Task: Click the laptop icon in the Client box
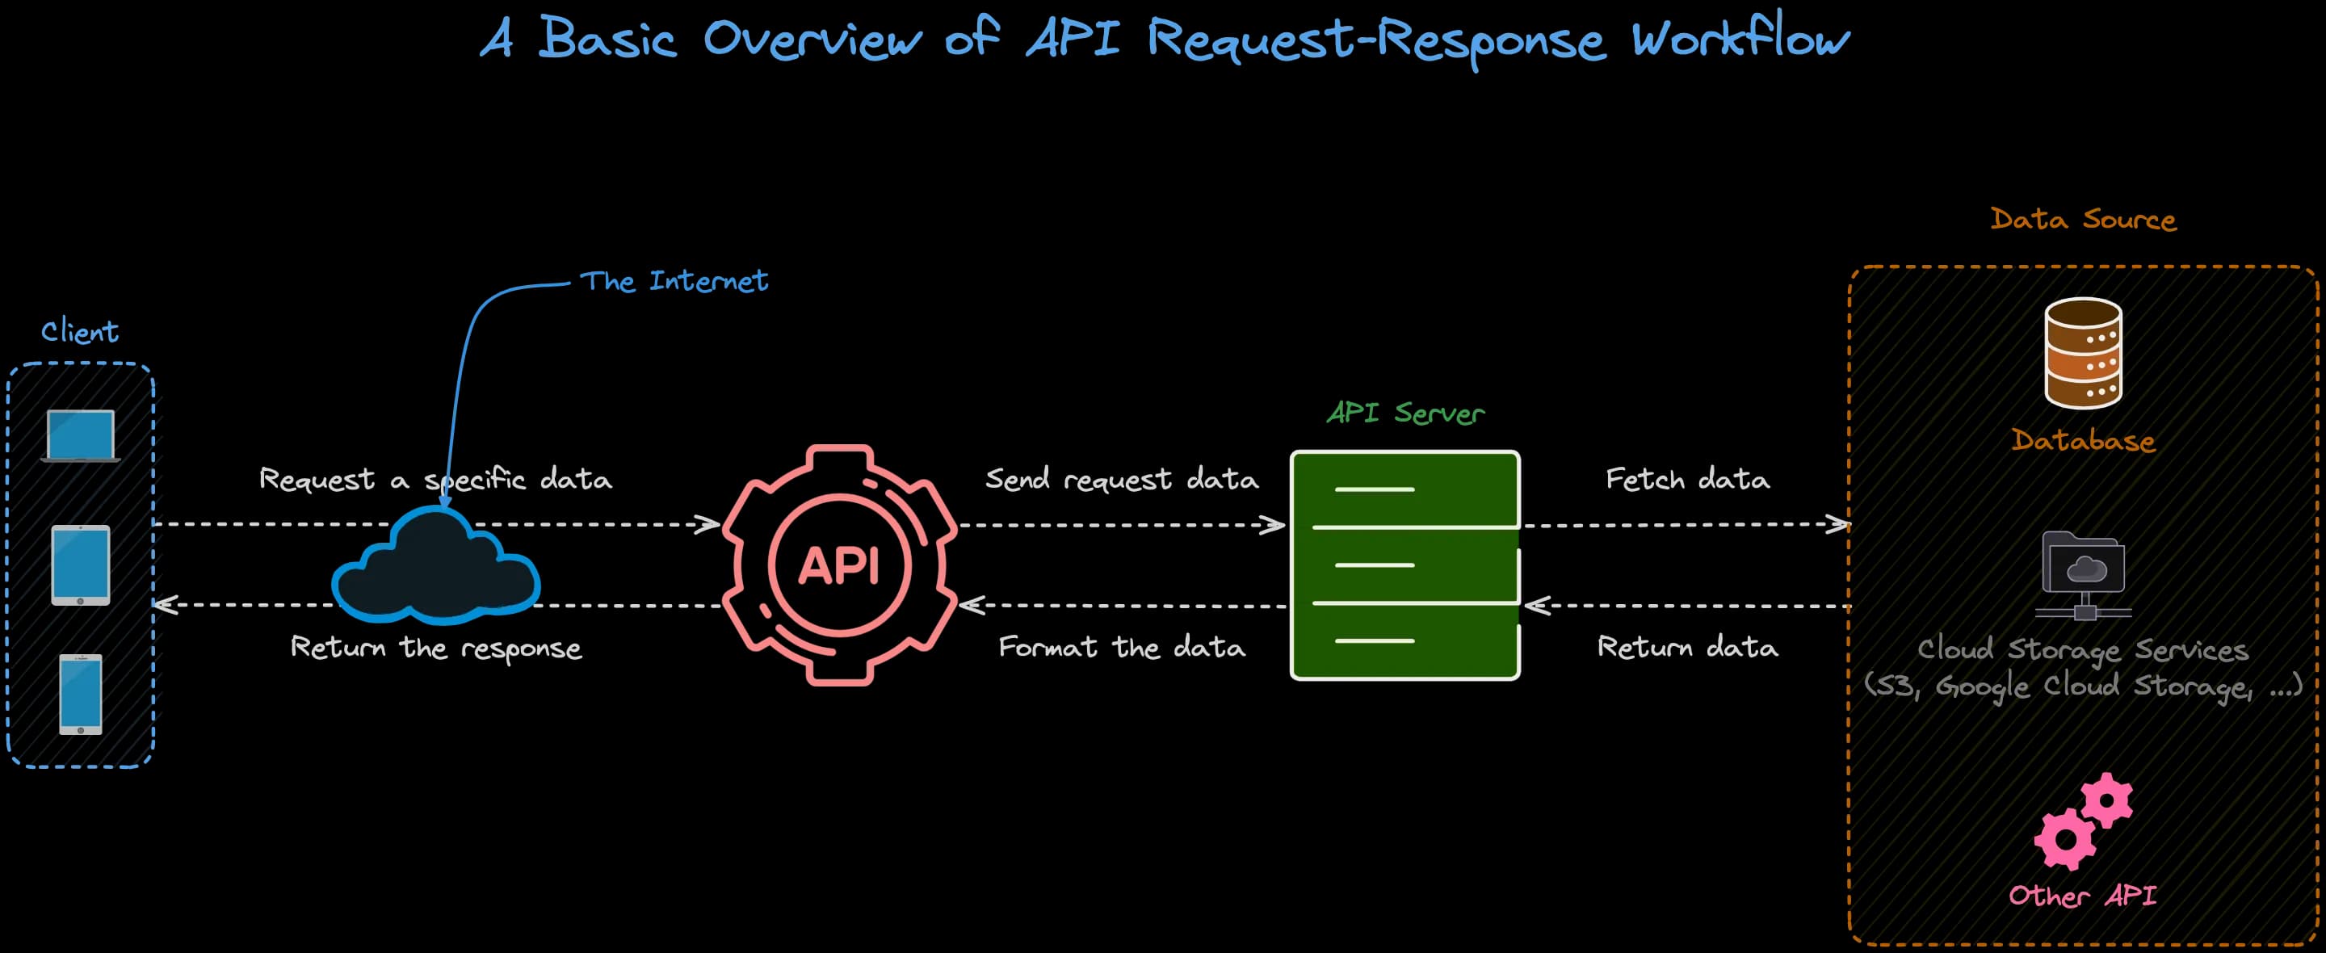click(81, 435)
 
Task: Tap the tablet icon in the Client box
click(81, 565)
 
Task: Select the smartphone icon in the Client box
click(81, 694)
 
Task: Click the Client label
click(79, 331)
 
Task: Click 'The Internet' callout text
click(673, 281)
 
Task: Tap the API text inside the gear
click(839, 566)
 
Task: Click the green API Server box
click(1405, 565)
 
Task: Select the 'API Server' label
click(1405, 413)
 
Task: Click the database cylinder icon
click(2083, 353)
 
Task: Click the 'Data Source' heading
click(2083, 220)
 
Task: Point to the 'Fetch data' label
click(1686, 479)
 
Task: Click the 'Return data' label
click(1686, 647)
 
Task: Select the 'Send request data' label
click(1122, 479)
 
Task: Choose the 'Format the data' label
click(1122, 647)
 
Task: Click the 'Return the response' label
click(436, 648)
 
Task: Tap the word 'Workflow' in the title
click(1740, 39)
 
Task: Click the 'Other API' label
click(2082, 895)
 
